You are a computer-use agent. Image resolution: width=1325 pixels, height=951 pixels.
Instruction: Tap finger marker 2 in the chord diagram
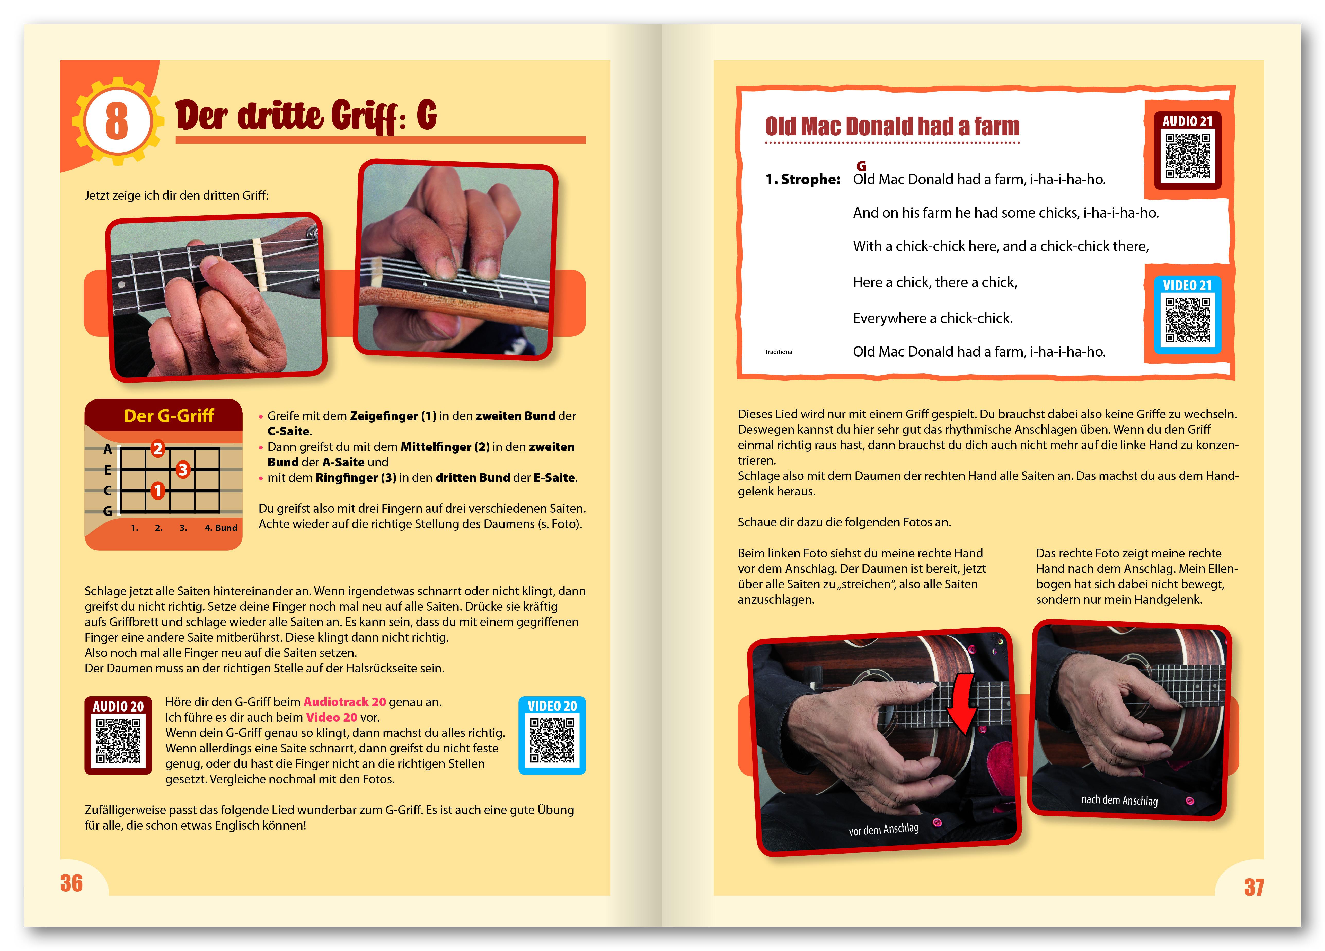(x=158, y=449)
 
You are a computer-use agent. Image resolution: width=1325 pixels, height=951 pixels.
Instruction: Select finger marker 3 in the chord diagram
(x=183, y=469)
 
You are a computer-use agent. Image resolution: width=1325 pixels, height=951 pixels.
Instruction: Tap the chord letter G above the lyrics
(x=861, y=166)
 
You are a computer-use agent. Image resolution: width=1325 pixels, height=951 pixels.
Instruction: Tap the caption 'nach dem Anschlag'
(x=1119, y=800)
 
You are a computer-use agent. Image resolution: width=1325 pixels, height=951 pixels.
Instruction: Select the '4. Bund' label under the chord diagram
(x=221, y=528)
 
